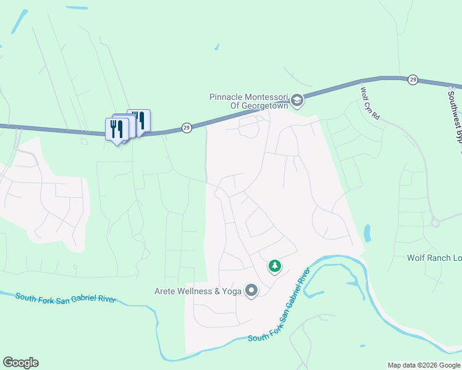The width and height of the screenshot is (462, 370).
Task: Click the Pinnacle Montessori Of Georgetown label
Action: coord(250,101)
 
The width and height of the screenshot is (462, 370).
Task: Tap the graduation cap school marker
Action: coord(297,101)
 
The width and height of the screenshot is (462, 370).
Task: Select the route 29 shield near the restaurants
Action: coord(187,128)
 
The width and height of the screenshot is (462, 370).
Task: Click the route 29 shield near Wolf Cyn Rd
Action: coord(413,80)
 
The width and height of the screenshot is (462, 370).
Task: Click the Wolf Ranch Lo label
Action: coord(434,258)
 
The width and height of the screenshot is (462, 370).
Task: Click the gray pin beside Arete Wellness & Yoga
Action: coord(251,290)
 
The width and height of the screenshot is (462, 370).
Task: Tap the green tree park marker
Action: coord(274,266)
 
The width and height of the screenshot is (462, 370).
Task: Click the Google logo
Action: coord(20,363)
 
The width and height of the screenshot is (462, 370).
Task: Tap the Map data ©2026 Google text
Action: coord(424,365)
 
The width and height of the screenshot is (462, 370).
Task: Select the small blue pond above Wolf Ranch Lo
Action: coord(368,233)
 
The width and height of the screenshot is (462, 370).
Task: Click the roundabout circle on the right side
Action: coord(435,223)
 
